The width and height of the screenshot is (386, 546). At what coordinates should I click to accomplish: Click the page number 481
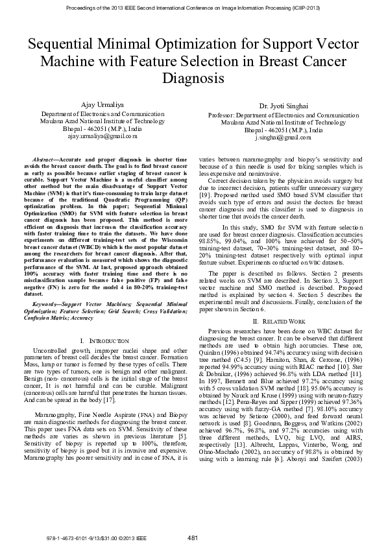tap(192, 538)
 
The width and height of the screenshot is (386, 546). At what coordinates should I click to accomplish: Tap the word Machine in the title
tap(64, 61)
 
